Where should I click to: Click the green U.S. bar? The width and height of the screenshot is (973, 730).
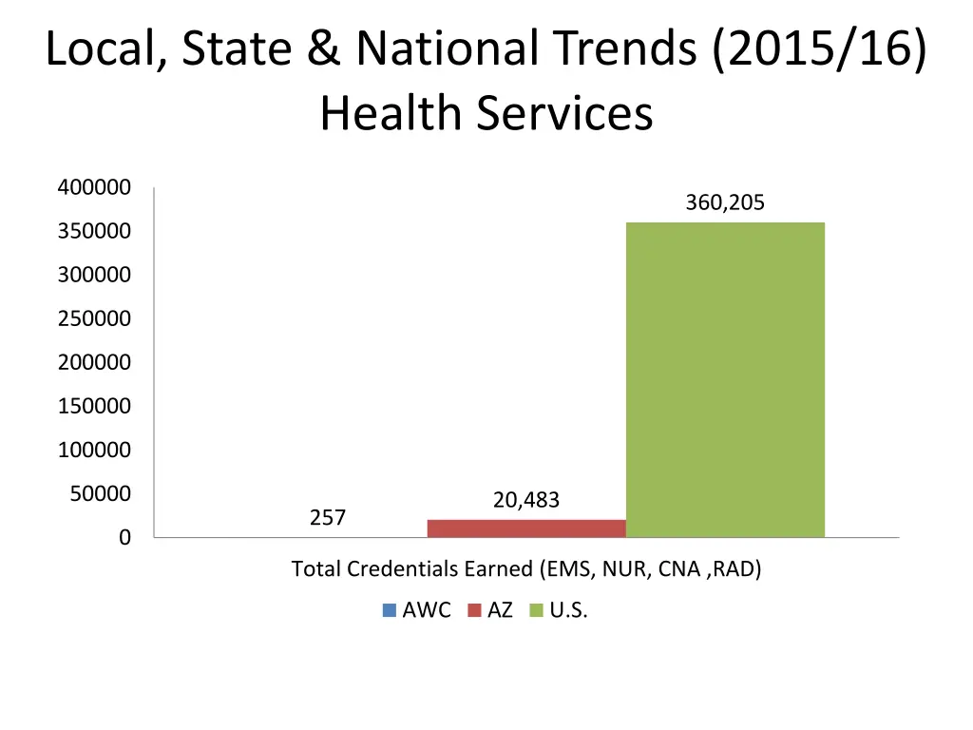725,379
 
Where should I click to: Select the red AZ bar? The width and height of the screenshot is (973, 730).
526,528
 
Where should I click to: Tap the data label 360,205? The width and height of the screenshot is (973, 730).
725,202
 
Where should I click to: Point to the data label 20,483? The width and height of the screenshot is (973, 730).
526,500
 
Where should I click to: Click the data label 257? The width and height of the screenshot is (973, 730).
328,517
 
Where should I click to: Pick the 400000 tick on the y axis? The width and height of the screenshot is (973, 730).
94,187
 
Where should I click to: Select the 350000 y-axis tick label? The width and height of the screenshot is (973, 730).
94,231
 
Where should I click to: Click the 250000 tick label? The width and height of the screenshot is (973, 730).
94,318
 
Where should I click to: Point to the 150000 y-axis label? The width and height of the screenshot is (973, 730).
94,406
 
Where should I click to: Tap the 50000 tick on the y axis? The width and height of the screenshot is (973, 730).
99,493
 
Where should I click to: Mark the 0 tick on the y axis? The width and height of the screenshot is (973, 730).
125,538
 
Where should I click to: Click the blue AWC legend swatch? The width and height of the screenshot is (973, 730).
390,610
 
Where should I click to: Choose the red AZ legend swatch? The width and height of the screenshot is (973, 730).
475,610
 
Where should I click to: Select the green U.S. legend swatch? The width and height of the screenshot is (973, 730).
536,610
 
